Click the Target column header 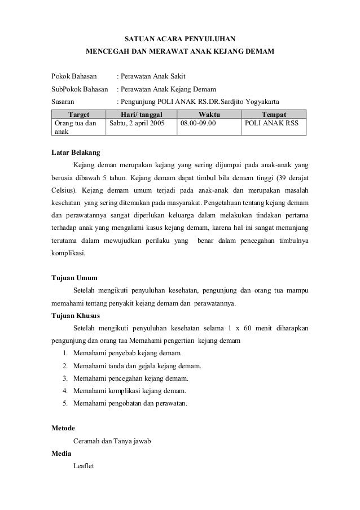(78, 114)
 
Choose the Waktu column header (209, 114)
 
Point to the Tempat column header (274, 114)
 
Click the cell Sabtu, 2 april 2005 (138, 122)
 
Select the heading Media (61, 454)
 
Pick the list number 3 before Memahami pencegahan (65, 378)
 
